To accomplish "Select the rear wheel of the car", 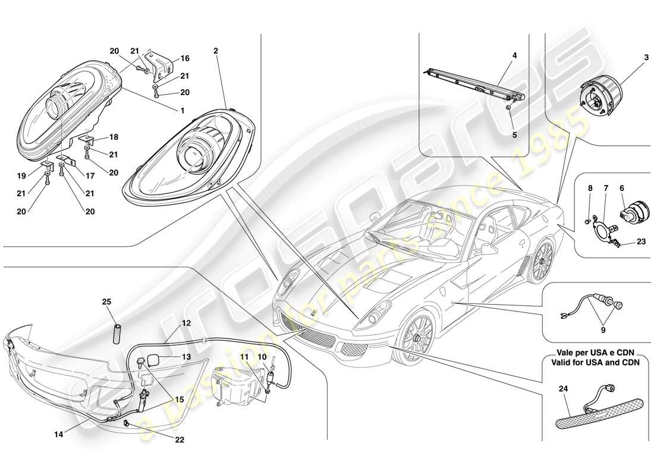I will click(x=541, y=262).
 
